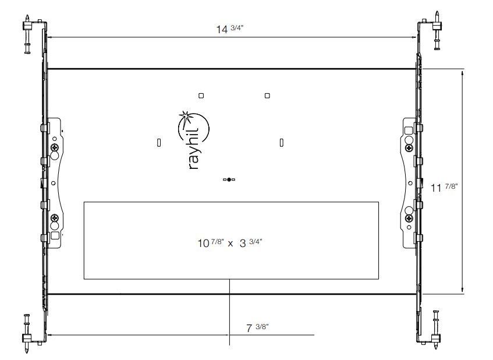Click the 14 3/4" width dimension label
230,29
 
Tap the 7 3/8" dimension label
257,328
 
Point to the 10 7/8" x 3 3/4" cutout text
230,242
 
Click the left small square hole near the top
201,95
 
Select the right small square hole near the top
267,95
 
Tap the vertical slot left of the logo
159,142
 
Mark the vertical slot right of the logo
282,142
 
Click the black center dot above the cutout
229,180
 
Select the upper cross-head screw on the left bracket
55,149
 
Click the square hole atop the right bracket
408,130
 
